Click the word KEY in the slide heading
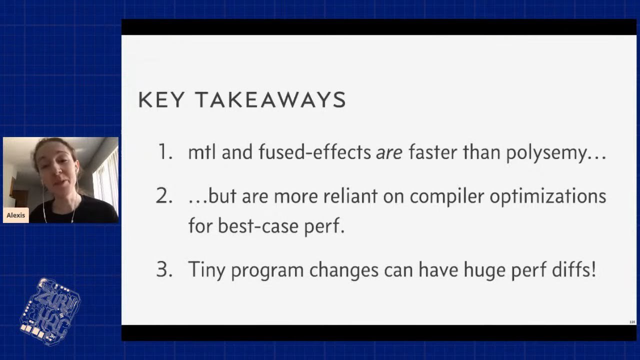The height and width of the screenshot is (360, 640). point(161,99)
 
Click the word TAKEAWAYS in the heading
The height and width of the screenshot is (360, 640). point(270,99)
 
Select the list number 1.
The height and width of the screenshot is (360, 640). point(165,151)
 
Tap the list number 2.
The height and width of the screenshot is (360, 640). point(164,195)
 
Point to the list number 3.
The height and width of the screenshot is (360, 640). point(164,269)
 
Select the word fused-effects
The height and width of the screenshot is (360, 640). point(314,151)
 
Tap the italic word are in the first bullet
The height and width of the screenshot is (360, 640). point(389,152)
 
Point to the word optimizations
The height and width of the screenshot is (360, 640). point(547,197)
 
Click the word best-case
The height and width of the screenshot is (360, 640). point(258,225)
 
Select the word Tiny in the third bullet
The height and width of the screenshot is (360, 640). point(206,270)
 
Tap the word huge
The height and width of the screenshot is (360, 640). point(484,270)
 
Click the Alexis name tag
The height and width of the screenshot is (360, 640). point(15,215)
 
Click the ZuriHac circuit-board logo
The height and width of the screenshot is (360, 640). point(50,311)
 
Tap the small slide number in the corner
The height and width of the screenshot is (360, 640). point(632,322)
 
